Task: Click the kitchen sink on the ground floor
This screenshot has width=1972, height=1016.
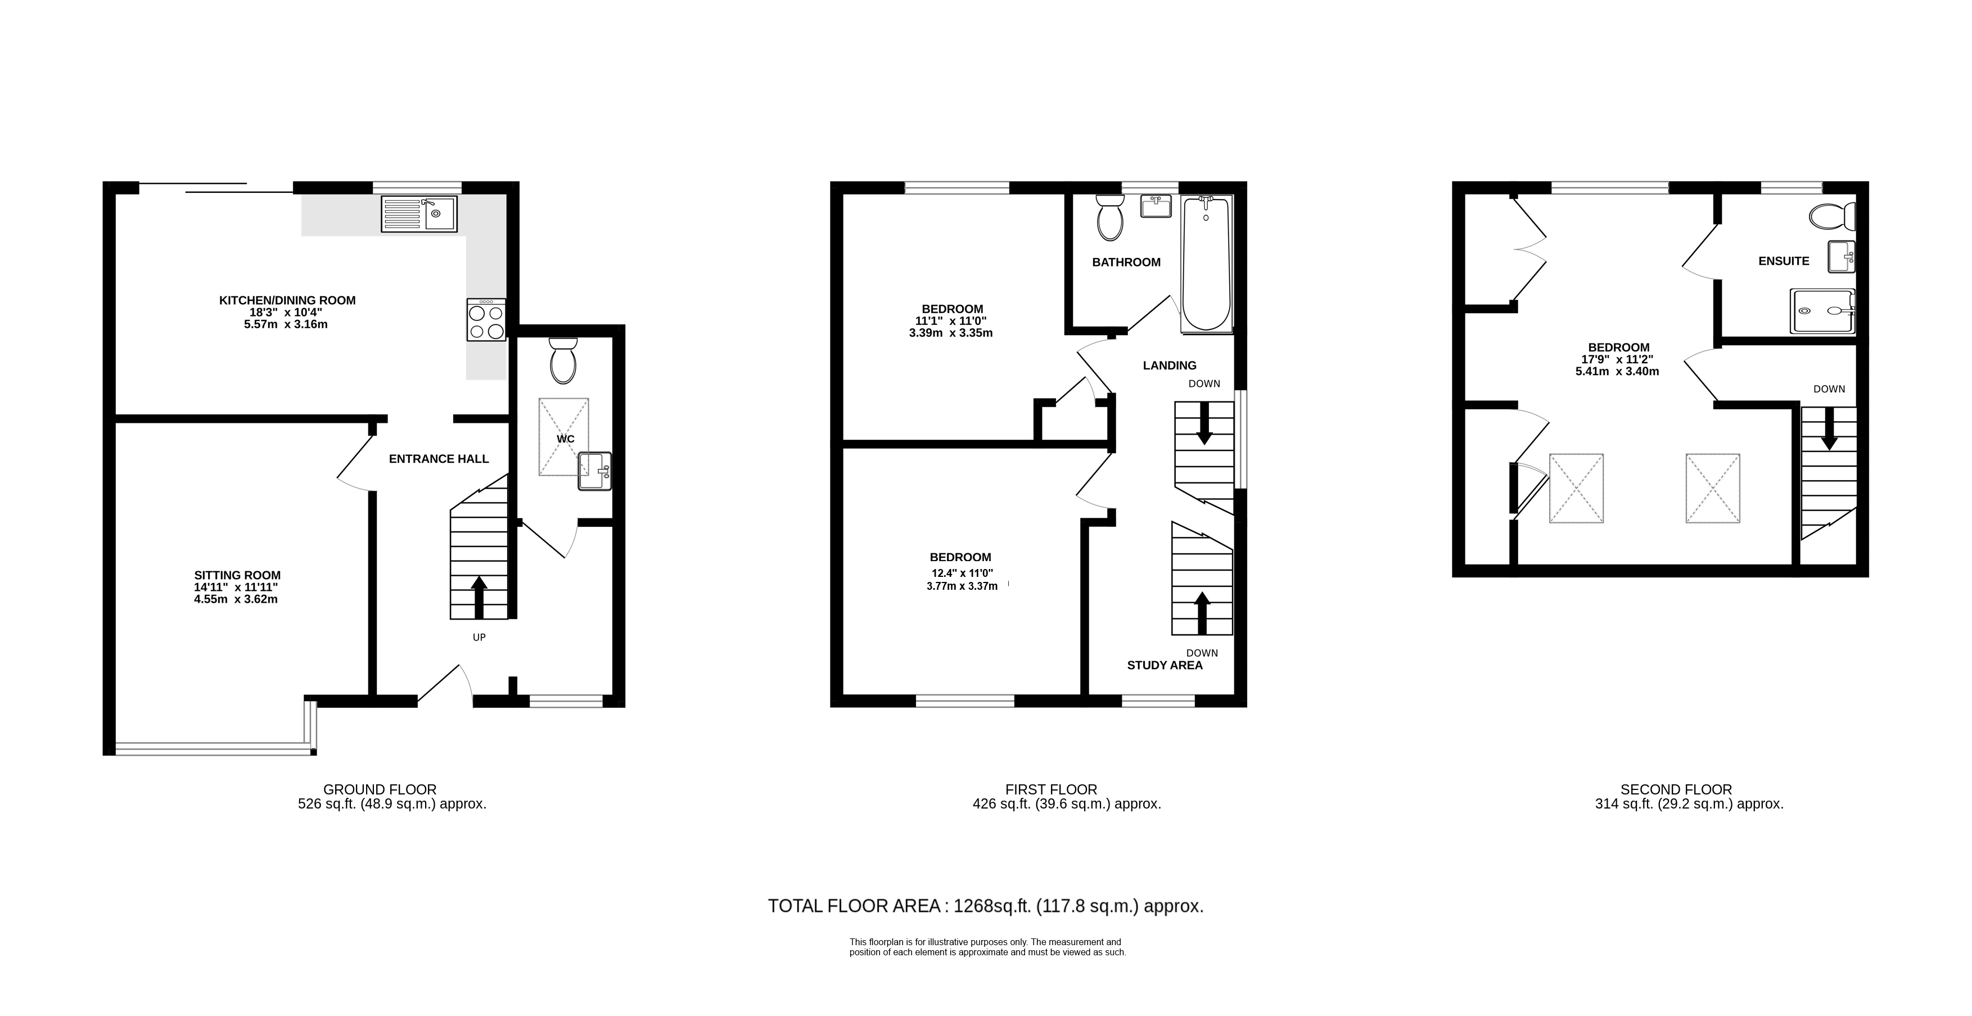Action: (x=419, y=214)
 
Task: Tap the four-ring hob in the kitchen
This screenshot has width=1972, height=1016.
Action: (x=486, y=319)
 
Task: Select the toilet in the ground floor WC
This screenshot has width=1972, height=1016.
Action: (x=563, y=360)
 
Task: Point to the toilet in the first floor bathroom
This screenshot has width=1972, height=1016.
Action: (x=1109, y=216)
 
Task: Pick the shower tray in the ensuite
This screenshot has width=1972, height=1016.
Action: (x=1822, y=311)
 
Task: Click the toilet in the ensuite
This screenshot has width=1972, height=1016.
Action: (x=1832, y=216)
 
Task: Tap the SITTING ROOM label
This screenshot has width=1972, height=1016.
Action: (x=237, y=575)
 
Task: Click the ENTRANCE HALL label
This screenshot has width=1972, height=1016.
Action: (x=439, y=459)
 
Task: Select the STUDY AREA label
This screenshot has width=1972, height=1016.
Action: (x=1165, y=665)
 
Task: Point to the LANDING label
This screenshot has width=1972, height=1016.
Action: (x=1169, y=365)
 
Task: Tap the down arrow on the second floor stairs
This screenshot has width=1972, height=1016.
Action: (x=1829, y=429)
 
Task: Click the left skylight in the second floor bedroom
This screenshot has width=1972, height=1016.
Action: (x=1576, y=489)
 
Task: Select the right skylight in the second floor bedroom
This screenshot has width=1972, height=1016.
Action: (x=1712, y=489)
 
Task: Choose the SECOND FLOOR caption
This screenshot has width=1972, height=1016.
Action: (x=1676, y=789)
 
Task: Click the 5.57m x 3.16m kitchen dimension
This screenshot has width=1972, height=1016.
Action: (x=286, y=324)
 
